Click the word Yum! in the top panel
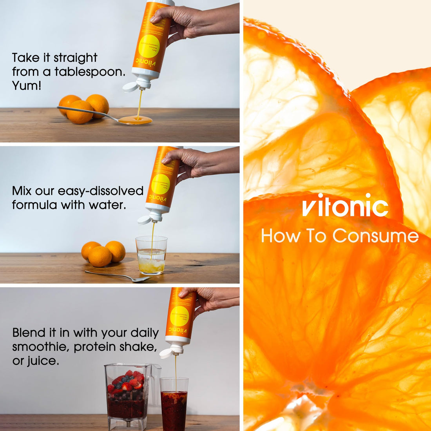[27, 85]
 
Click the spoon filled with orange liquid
[135, 120]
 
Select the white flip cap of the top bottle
[131, 87]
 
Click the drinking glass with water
[152, 255]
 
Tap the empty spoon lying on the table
[118, 276]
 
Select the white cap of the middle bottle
[145, 219]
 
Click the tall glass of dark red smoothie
[174, 404]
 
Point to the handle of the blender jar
[156, 382]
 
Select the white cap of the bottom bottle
[167, 353]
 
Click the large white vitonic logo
[345, 205]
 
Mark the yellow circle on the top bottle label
[149, 47]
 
